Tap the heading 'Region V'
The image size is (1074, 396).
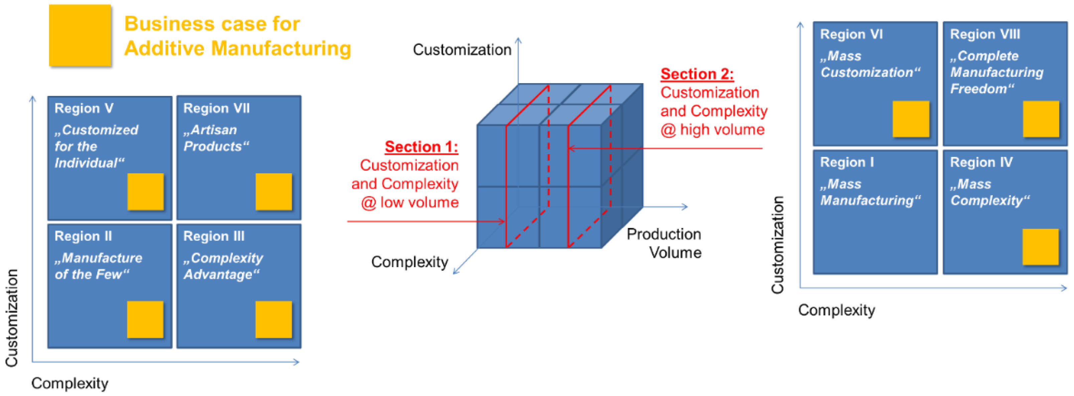(84, 108)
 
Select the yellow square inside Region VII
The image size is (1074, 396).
(273, 192)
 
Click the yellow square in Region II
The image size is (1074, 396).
(145, 319)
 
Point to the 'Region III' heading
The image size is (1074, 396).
(214, 236)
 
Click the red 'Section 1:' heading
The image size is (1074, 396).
(421, 147)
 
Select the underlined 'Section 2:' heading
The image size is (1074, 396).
(697, 74)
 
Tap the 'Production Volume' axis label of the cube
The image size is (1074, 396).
(664, 243)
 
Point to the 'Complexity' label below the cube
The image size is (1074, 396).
(409, 262)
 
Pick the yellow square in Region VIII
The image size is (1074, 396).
(1041, 119)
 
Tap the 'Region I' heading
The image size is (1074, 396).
(847, 162)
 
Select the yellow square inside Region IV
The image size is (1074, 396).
(1040, 247)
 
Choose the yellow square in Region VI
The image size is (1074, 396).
(911, 119)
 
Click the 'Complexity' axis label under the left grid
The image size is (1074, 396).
(70, 383)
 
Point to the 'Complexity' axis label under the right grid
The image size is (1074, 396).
(836, 310)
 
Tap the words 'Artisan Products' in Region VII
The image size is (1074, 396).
(216, 138)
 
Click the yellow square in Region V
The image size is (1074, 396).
(145, 192)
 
